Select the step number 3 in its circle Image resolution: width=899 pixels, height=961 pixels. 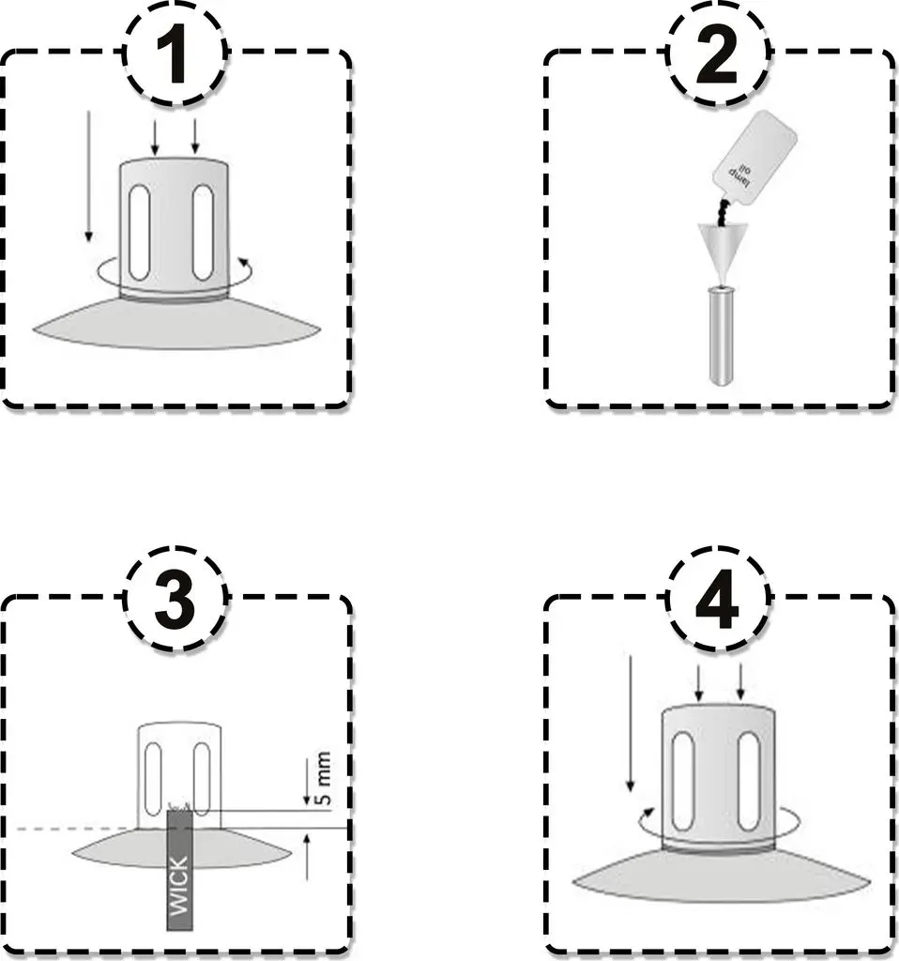pyautogui.click(x=175, y=600)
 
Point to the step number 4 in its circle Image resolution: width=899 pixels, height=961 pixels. pyautogui.click(x=717, y=600)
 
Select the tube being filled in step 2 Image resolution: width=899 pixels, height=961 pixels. pyautogui.click(x=722, y=336)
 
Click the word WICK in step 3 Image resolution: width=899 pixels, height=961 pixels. pyautogui.click(x=179, y=886)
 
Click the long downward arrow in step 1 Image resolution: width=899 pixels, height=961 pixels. pyautogui.click(x=89, y=175)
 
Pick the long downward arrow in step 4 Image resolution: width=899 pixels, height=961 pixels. pyautogui.click(x=630, y=724)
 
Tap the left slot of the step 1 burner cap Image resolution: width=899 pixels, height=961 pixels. pyautogui.click(x=140, y=233)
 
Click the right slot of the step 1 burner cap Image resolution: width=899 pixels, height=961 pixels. pyautogui.click(x=203, y=233)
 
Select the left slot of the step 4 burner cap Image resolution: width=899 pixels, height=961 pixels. pyautogui.click(x=683, y=781)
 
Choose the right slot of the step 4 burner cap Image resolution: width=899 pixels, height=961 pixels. pyautogui.click(x=749, y=781)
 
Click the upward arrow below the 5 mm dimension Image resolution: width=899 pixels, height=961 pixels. pyautogui.click(x=307, y=857)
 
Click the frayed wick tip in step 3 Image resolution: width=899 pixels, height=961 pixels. pyautogui.click(x=180, y=806)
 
